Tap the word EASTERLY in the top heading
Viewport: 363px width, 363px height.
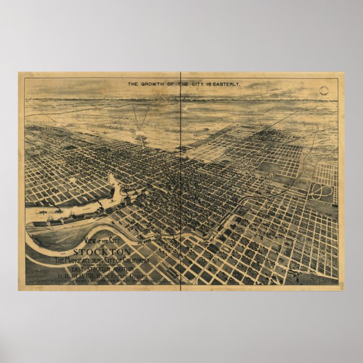tap(225, 84)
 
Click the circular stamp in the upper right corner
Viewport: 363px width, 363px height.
tap(325, 91)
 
